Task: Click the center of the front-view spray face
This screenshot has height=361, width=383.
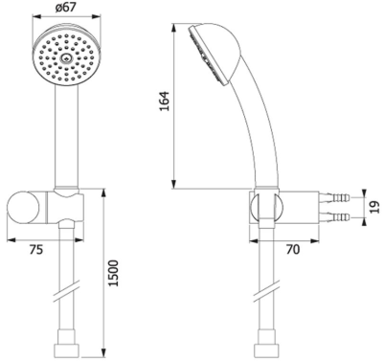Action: [x=64, y=59]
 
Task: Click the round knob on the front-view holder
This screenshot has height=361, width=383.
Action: [x=29, y=207]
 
